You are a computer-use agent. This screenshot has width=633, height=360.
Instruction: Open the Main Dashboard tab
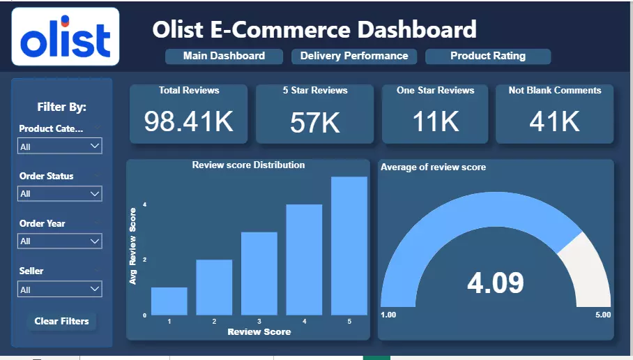click(224, 56)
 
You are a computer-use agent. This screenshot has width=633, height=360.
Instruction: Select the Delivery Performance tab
click(354, 56)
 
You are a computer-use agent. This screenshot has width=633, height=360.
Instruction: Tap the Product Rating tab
click(488, 56)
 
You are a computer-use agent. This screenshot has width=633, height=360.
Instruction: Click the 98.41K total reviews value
click(188, 121)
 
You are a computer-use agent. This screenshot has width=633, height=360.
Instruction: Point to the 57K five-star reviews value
click(315, 123)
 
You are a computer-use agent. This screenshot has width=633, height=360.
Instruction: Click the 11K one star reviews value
click(436, 121)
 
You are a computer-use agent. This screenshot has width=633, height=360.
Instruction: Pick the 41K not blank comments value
click(555, 121)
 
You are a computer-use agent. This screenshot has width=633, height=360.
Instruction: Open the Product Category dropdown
click(61, 147)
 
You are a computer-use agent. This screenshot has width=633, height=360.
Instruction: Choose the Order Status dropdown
click(61, 193)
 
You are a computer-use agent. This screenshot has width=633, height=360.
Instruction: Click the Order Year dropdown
click(61, 241)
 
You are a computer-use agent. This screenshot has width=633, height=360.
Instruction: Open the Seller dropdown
click(61, 289)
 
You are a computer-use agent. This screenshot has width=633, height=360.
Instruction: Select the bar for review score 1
click(169, 301)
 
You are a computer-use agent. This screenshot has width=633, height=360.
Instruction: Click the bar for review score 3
click(259, 273)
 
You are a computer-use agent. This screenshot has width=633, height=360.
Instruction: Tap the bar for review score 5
click(349, 246)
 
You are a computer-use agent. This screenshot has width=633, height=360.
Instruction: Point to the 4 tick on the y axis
click(145, 204)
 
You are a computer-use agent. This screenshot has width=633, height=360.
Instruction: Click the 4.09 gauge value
click(496, 283)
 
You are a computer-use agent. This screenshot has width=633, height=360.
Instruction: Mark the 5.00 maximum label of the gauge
click(602, 315)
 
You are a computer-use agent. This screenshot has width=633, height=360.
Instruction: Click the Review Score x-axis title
click(259, 332)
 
